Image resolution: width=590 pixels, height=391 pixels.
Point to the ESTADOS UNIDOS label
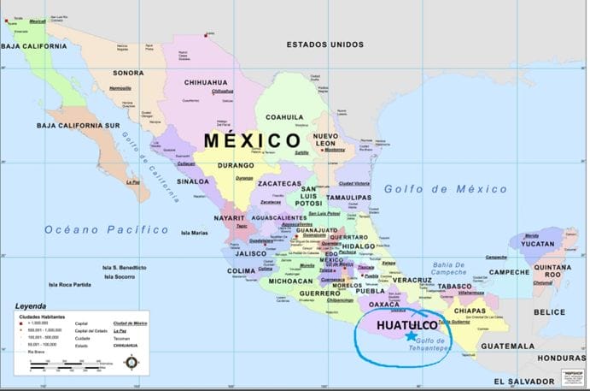click(325, 44)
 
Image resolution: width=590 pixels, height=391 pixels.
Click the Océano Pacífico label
click(107, 229)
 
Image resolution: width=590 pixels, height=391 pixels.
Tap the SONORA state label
click(128, 73)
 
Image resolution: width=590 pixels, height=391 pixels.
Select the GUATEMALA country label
click(506, 346)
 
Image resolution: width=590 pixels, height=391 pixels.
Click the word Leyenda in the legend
click(31, 305)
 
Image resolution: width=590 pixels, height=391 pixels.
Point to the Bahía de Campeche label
click(455, 270)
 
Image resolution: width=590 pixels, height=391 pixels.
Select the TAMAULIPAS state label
click(348, 197)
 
